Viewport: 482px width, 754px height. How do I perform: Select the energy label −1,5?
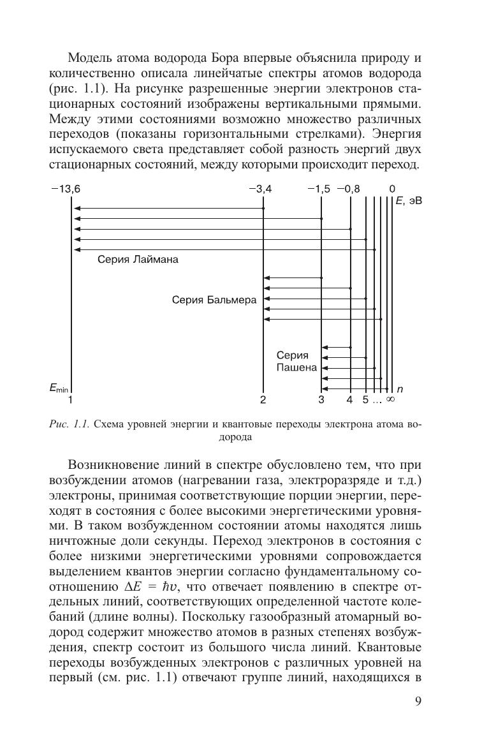pos(319,189)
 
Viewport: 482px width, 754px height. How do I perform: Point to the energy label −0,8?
pos(348,189)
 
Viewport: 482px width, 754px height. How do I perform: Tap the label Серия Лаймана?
pos(138,260)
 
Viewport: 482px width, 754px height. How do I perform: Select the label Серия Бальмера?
pos(214,299)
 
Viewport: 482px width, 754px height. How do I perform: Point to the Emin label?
pos(59,388)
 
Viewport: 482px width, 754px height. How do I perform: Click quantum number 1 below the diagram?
pos(71,400)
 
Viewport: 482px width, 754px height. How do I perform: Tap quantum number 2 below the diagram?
pos(263,400)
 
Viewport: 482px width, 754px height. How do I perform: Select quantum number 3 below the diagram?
pos(321,400)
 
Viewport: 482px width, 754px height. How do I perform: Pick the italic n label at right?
pos(400,388)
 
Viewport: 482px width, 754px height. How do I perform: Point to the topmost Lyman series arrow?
pos(168,209)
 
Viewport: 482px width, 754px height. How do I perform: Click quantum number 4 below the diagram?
pos(349,400)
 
